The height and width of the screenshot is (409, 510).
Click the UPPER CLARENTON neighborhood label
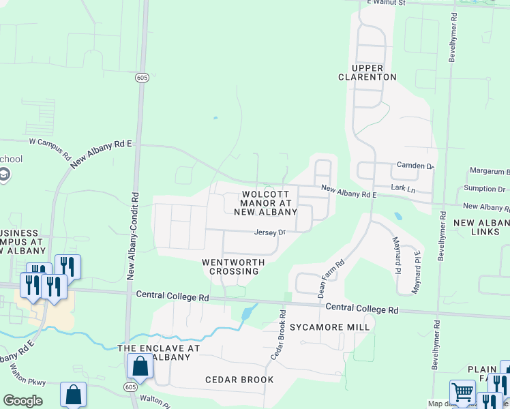367,72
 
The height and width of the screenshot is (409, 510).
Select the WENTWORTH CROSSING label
230,267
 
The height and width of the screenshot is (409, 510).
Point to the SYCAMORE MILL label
329,327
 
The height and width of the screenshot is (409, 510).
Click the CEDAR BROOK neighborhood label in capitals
239,380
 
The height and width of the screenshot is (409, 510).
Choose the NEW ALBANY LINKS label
481,228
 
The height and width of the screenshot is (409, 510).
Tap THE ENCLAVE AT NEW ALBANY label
159,352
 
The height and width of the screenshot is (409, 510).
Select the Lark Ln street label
403,187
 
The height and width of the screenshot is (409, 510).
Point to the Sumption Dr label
484,189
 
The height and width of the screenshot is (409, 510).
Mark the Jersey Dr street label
269,232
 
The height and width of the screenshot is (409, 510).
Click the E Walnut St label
386,3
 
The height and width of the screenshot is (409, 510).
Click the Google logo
23,400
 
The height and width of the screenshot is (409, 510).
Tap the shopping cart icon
462,393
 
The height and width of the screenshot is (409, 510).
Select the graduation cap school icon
5,175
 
